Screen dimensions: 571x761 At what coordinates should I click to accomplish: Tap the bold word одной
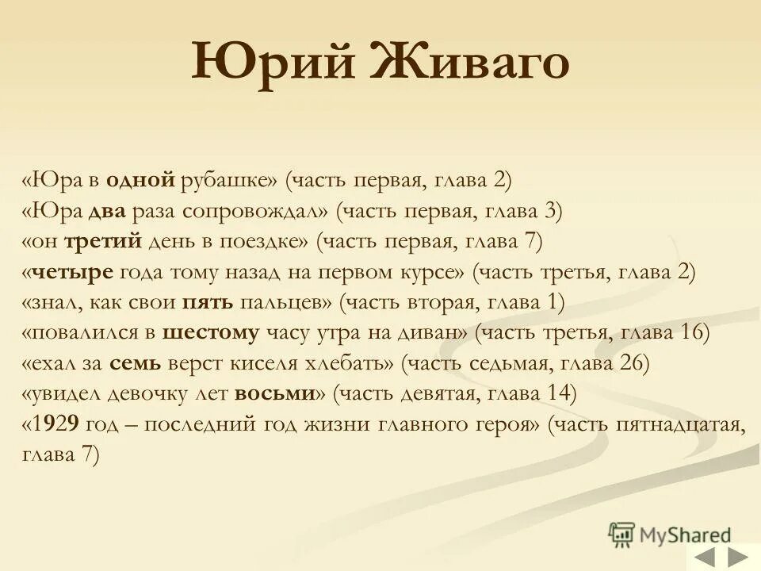coord(140,180)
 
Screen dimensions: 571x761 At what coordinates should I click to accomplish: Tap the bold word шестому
coord(211,333)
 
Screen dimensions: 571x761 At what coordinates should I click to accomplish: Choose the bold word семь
coord(136,363)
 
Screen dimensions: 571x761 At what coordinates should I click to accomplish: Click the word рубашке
coord(229,180)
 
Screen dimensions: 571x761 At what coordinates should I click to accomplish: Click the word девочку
coord(149,393)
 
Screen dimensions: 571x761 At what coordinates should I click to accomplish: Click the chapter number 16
coord(694,333)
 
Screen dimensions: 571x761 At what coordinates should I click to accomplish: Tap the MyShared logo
coord(670,535)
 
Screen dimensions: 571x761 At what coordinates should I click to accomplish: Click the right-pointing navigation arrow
coord(738,557)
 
